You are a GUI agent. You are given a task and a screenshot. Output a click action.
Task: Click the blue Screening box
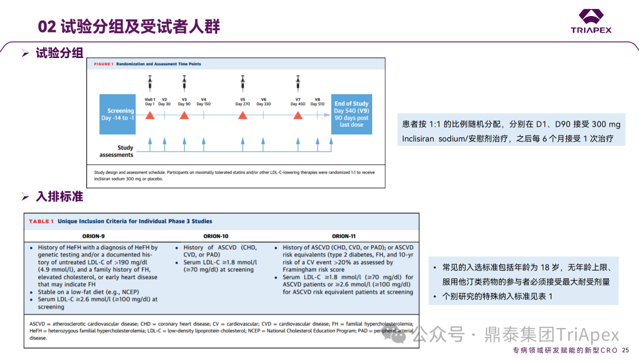(x=121, y=114)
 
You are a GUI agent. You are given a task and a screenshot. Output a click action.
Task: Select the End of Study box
(x=351, y=114)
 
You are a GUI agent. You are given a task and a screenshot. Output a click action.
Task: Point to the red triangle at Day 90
(x=184, y=115)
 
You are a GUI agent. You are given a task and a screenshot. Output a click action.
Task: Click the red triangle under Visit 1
(x=150, y=115)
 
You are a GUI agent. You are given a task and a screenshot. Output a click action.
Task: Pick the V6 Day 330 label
(x=264, y=101)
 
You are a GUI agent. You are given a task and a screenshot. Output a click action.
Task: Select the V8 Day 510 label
(x=318, y=101)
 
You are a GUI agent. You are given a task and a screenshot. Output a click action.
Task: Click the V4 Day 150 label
(x=204, y=101)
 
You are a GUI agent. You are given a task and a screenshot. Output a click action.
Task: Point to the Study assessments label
(x=117, y=151)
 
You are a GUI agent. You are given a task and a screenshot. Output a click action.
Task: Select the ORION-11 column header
(x=344, y=235)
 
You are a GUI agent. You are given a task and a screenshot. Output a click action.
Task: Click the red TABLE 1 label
(x=41, y=221)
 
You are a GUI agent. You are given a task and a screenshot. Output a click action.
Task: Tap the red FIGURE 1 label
(x=100, y=63)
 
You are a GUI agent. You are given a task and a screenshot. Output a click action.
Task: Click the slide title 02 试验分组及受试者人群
(x=129, y=27)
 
